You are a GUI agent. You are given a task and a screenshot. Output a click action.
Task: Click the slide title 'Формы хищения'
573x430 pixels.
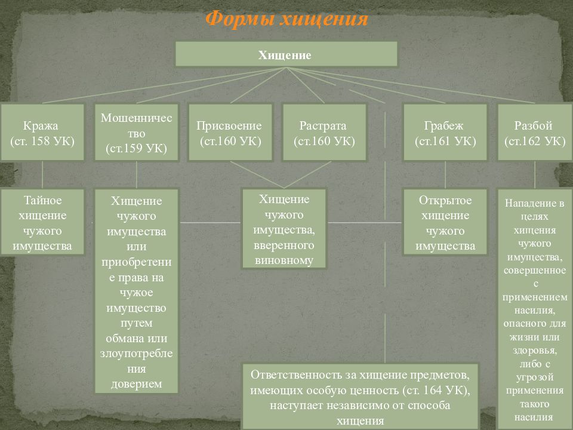coord(286,19)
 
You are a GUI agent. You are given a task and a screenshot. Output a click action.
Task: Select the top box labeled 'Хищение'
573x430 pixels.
coord(286,54)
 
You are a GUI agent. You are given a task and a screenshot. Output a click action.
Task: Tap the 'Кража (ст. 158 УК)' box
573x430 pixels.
coord(42,133)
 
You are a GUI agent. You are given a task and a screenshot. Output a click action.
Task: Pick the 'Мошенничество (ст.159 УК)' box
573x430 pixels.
coord(136,133)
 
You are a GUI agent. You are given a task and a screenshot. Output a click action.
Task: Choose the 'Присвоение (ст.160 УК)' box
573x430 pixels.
coord(230,133)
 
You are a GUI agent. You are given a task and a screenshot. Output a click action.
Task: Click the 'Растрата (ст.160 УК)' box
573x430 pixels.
coord(324,133)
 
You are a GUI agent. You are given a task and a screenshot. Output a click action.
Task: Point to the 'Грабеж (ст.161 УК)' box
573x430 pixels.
coord(445,133)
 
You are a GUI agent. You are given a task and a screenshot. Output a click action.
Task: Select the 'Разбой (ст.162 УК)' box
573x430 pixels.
coord(535,133)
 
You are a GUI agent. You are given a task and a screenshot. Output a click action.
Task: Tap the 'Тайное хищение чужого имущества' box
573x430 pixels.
coord(42,222)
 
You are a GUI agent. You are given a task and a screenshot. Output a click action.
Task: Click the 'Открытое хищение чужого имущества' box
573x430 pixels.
coord(445,222)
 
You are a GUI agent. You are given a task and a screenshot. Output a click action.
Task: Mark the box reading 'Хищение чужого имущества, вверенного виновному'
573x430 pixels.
coord(284,229)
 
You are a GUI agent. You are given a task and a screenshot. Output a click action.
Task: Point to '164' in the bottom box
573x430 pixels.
coord(432,390)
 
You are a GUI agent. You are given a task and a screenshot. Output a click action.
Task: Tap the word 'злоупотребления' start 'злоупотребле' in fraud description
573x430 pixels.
coord(136,354)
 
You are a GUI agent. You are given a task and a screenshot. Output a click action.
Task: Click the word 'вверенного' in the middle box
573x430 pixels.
coord(284,245)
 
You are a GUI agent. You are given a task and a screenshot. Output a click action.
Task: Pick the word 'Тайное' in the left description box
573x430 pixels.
coord(42,200)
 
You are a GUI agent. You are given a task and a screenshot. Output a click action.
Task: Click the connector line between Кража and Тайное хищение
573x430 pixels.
coord(42,175)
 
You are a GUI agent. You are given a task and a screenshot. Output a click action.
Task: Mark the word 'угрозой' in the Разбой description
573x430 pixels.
coord(535,377)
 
